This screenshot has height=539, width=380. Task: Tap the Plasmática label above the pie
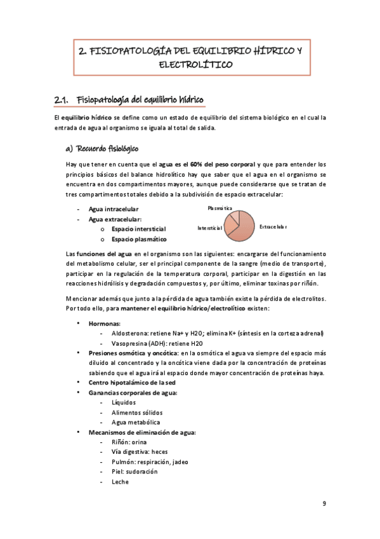(x=219, y=208)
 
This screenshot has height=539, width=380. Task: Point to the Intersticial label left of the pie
(x=209, y=228)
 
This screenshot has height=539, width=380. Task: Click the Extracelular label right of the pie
(x=273, y=227)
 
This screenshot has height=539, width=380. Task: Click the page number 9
(x=324, y=504)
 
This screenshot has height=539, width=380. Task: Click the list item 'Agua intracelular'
(x=116, y=209)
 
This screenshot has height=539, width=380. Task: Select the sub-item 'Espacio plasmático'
(x=138, y=239)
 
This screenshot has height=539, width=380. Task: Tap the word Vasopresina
(x=129, y=343)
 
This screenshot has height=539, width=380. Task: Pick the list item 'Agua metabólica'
(x=135, y=422)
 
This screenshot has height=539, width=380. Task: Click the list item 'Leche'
(x=119, y=482)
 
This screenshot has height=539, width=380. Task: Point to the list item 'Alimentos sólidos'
(x=138, y=413)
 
